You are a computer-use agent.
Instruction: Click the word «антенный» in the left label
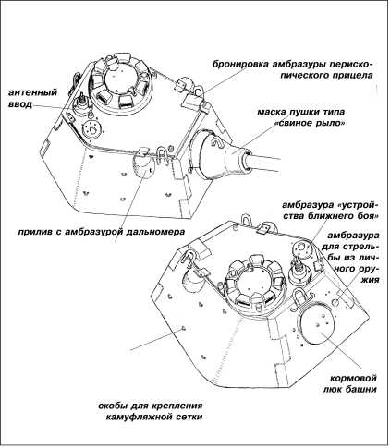[x=32, y=92]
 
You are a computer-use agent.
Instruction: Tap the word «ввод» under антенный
[x=20, y=104]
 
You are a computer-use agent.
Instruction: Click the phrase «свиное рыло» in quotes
[x=309, y=123]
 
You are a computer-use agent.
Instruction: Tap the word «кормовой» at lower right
[x=353, y=378]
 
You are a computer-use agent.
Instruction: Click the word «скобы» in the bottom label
[x=113, y=406]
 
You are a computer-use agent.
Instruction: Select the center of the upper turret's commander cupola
[x=121, y=81]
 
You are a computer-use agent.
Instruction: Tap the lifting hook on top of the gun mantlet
[x=216, y=143]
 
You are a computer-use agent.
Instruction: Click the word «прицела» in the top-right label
[x=353, y=76]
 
